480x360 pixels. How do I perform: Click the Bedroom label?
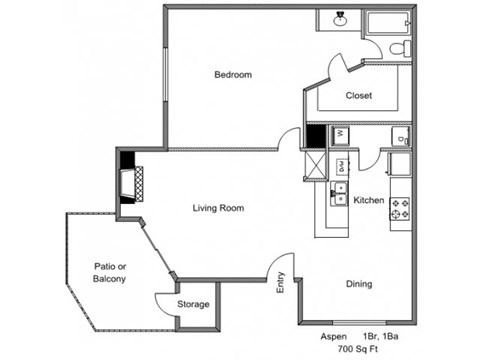click(232, 75)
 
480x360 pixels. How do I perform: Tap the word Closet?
click(359, 96)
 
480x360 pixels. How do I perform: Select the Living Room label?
click(218, 208)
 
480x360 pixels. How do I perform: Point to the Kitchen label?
click(368, 200)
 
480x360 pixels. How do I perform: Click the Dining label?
click(359, 284)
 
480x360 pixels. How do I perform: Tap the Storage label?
click(193, 304)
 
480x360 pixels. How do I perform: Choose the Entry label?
click(281, 285)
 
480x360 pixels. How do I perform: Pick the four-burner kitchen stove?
click(400, 209)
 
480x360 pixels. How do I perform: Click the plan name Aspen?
click(334, 337)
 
